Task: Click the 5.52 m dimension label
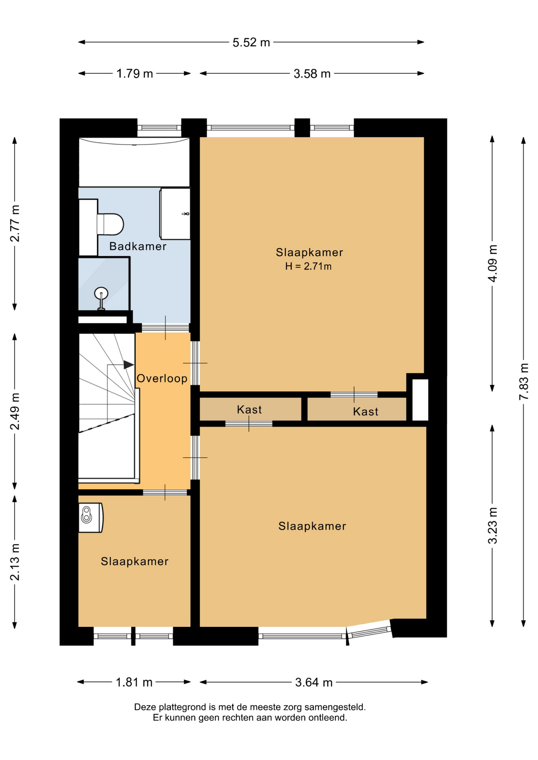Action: click(x=251, y=42)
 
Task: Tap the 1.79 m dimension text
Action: click(x=134, y=74)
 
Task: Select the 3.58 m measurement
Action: click(x=312, y=74)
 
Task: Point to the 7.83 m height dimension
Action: click(x=524, y=381)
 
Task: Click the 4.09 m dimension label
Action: click(x=492, y=263)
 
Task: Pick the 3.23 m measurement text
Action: click(x=492, y=525)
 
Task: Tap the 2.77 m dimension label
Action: click(x=15, y=223)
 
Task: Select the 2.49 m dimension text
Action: click(x=15, y=411)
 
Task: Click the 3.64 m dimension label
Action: click(x=314, y=682)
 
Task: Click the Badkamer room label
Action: click(x=138, y=246)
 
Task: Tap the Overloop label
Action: click(x=162, y=378)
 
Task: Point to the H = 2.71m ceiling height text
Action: click(x=308, y=266)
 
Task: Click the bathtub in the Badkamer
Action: click(x=134, y=162)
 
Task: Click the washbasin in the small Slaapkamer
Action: click(x=91, y=517)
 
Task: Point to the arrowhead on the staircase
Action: click(x=129, y=365)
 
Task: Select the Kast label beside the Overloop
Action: click(x=249, y=409)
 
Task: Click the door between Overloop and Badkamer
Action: click(x=165, y=328)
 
